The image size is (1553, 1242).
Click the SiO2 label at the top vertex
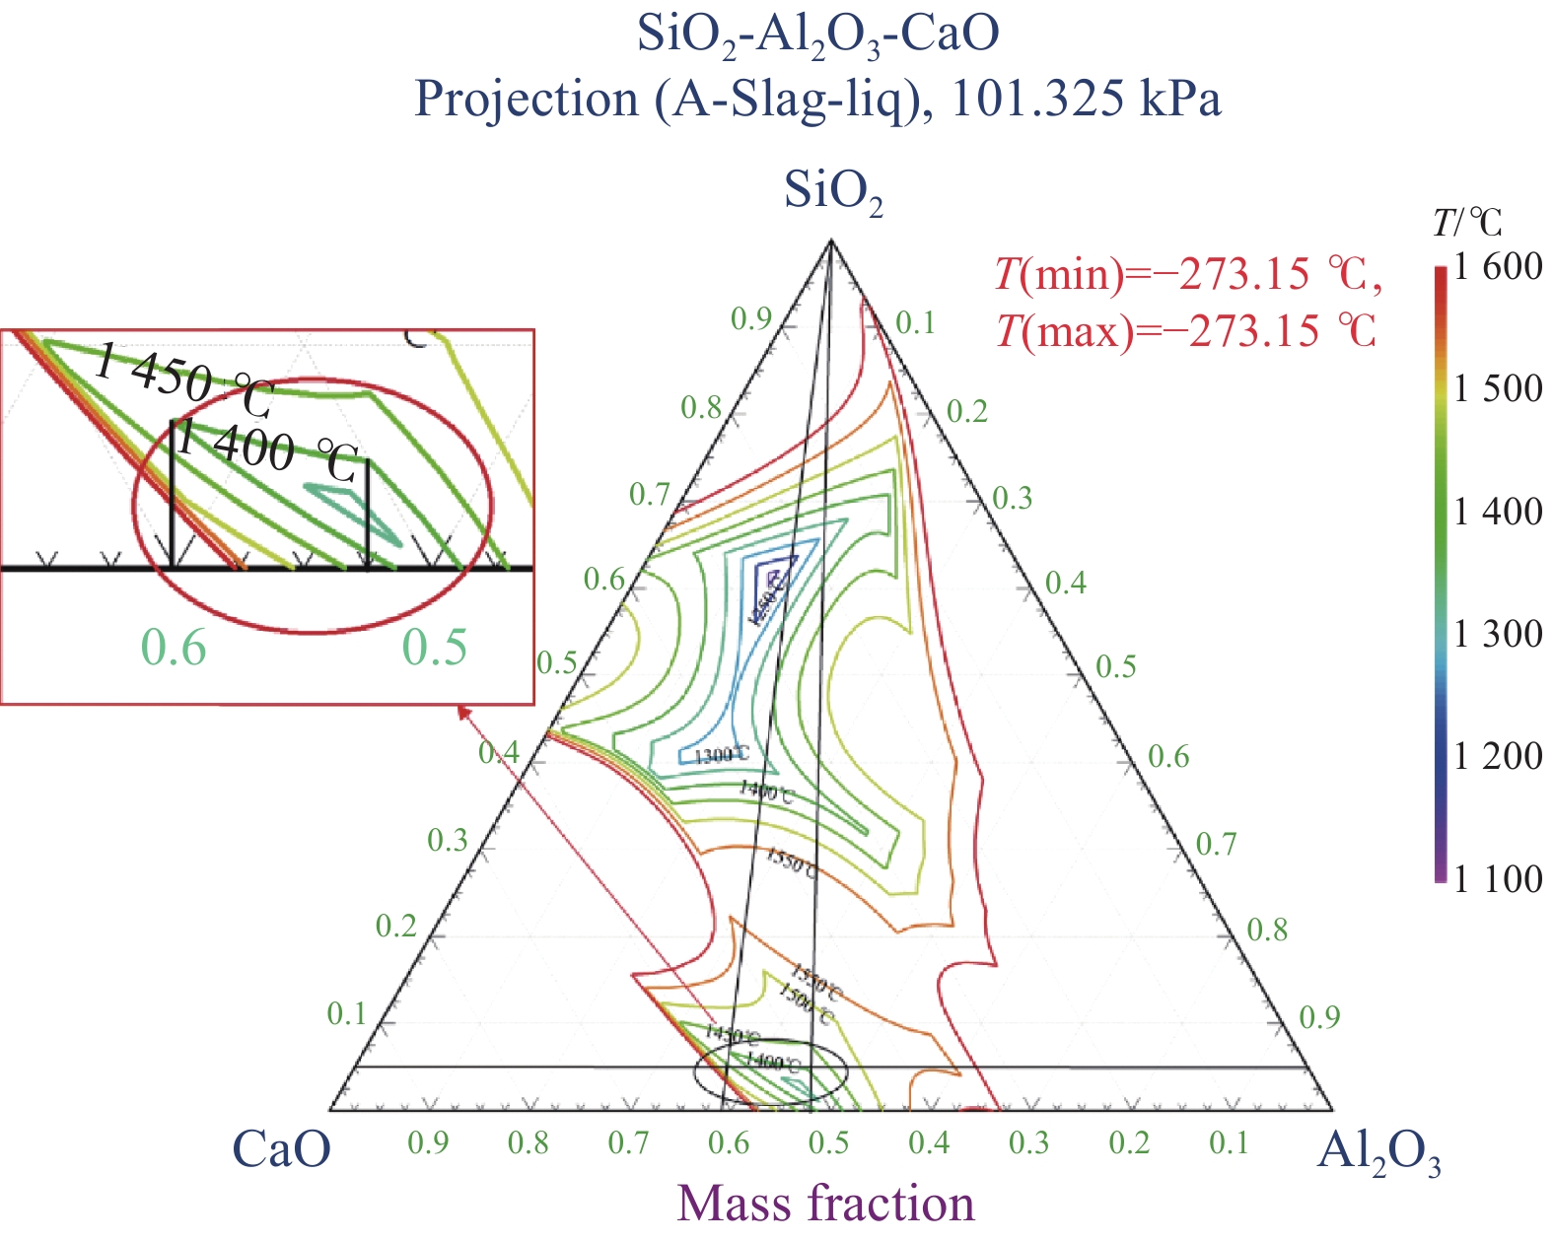click(x=832, y=191)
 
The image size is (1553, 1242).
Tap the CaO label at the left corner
click(x=282, y=1149)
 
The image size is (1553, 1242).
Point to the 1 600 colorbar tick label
click(x=1498, y=266)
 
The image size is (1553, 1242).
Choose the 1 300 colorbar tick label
click(x=1498, y=634)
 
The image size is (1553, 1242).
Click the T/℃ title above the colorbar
click(x=1467, y=224)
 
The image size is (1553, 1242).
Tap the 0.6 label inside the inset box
click(x=174, y=649)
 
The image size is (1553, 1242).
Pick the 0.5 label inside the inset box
click(x=435, y=649)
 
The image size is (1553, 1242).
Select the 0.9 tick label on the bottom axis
click(x=428, y=1143)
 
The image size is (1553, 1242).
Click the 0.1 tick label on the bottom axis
click(x=1229, y=1143)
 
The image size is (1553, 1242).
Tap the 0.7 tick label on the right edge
click(x=1216, y=844)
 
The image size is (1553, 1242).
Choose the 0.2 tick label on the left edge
click(x=396, y=927)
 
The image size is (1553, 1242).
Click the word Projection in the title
click(x=526, y=100)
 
